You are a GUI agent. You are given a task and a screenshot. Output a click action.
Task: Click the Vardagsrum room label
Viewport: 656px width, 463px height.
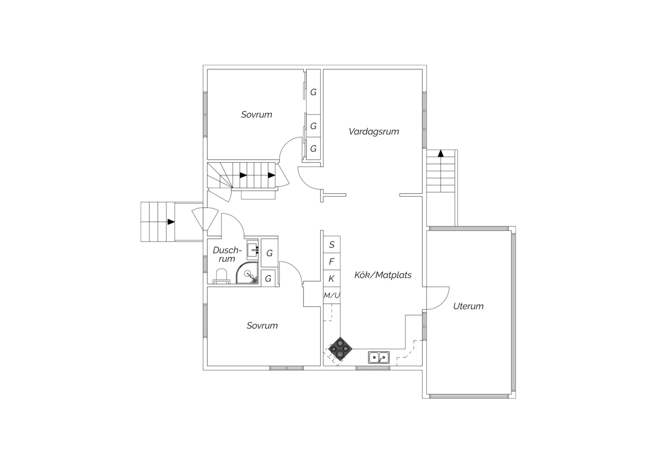[374, 132]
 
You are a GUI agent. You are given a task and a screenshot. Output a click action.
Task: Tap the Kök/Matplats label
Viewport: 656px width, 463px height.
[383, 275]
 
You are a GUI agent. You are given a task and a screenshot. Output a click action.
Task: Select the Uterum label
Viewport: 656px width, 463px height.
[468, 306]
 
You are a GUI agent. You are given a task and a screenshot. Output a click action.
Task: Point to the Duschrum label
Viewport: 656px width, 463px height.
[227, 255]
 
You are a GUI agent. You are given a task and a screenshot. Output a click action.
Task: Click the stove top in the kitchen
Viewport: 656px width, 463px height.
[340, 349]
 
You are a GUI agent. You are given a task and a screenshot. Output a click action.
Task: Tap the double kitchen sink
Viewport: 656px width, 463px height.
[379, 357]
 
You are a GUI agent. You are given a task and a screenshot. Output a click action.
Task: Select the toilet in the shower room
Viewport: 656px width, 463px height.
[221, 276]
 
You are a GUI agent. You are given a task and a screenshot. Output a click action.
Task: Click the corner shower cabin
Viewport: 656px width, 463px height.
[247, 273]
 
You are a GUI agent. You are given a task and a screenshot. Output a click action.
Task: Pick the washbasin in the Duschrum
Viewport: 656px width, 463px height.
[252, 250]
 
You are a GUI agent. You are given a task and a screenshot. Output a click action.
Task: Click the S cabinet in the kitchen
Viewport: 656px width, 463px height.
[332, 245]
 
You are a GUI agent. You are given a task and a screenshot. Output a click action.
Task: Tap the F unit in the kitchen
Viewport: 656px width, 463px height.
[332, 262]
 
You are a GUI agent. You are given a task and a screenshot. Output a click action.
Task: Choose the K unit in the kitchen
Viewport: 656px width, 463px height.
[332, 279]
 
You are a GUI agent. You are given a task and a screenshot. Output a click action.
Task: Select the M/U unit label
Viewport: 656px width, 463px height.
[332, 295]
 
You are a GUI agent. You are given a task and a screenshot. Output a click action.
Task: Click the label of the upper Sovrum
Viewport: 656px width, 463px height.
[257, 115]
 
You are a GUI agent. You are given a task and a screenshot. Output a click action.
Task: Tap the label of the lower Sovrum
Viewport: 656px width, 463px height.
[262, 326]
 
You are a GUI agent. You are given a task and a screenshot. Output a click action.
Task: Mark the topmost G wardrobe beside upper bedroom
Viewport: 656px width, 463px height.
[313, 92]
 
